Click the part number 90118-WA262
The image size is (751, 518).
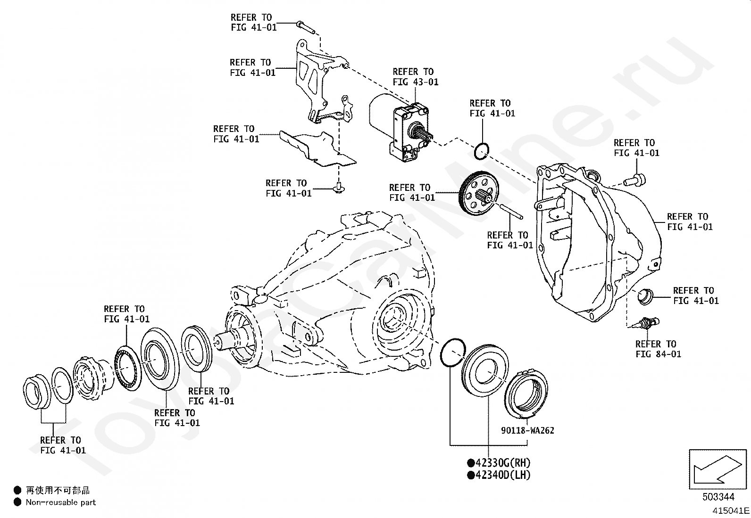[527, 430]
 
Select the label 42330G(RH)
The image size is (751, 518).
[503, 463]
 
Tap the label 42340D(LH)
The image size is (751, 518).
[503, 475]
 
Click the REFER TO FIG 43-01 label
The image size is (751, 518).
[416, 77]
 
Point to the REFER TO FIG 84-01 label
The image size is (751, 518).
[658, 349]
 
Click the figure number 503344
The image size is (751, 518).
[718, 497]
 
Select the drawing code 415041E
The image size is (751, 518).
[731, 510]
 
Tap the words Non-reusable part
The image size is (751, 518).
[61, 502]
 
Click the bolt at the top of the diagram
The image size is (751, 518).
[305, 27]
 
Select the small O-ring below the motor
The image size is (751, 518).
[482, 151]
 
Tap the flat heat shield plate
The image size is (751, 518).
[318, 149]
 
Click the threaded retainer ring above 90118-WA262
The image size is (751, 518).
[526, 394]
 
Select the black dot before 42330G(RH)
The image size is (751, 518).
[471, 463]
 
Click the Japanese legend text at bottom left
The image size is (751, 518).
[58, 491]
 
